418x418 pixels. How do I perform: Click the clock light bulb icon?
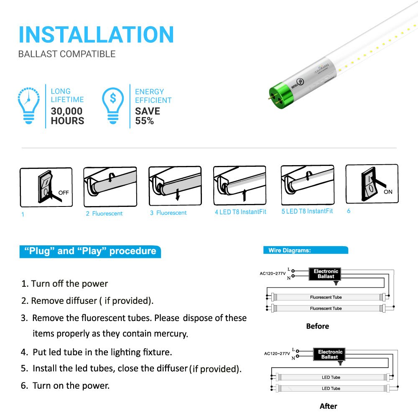28,105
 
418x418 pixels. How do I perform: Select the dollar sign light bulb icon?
113,105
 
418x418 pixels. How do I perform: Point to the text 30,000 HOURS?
67,116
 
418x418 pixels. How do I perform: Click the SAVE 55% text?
147,116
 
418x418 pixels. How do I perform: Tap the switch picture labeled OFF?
46,187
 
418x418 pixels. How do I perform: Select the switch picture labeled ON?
372,184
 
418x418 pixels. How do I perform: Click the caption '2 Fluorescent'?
104,214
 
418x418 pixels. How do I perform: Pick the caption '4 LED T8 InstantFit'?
240,212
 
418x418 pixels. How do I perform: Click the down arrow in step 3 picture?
178,194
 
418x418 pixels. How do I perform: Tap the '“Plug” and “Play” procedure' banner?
90,251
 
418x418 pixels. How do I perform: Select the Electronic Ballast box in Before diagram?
326,274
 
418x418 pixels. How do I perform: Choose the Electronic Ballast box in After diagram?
330,354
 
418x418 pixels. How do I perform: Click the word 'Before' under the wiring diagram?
317,326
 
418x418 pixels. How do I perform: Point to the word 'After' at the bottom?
328,406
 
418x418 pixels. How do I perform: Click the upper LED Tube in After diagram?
331,377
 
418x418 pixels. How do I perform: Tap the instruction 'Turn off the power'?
69,284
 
